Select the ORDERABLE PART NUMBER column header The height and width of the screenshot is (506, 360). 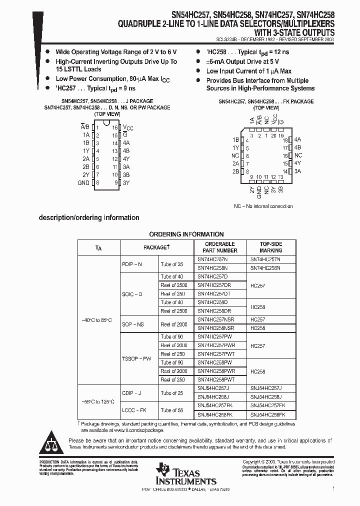(x=220, y=247)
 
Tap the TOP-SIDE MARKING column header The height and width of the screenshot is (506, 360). (x=270, y=247)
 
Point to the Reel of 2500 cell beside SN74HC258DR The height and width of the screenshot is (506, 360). (x=174, y=311)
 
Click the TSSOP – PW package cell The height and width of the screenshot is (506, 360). (x=136, y=358)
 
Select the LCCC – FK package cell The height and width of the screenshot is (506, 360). (x=134, y=410)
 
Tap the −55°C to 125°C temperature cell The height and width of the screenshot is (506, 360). (x=98, y=401)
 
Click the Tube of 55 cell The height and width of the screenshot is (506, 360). (x=172, y=410)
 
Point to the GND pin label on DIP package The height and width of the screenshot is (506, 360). (x=83, y=183)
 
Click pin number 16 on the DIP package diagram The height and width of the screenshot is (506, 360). (x=115, y=127)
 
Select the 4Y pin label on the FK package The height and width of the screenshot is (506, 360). (x=298, y=163)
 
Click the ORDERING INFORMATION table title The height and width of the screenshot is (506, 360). (x=186, y=234)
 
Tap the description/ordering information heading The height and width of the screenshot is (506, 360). (x=89, y=217)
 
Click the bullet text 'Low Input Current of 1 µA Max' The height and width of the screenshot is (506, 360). (x=248, y=71)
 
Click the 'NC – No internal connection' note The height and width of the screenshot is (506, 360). (x=263, y=206)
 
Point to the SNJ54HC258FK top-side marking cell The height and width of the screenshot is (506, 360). (x=270, y=414)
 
